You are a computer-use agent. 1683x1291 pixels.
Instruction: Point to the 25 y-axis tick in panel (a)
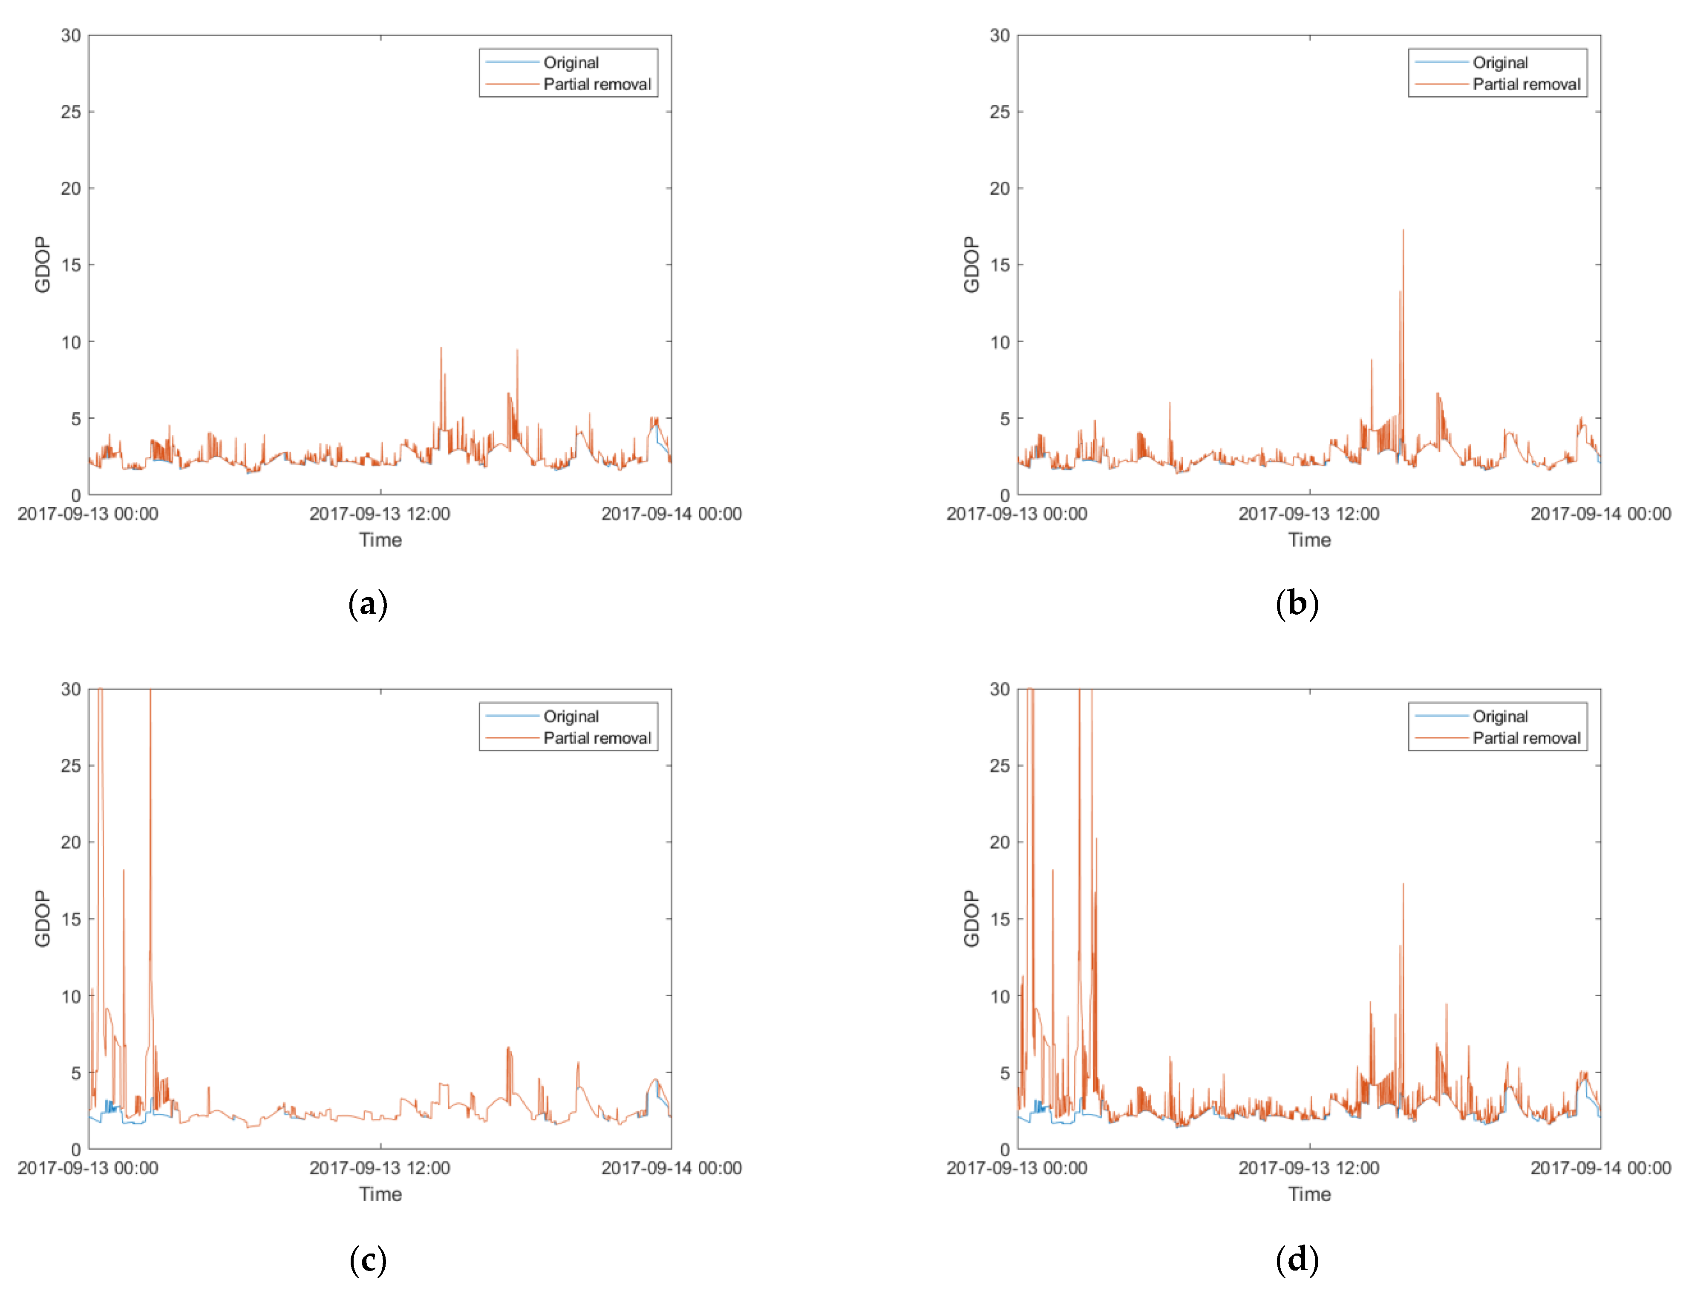pyautogui.click(x=71, y=112)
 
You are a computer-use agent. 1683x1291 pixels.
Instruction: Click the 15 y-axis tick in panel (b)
pyautogui.click(x=1000, y=265)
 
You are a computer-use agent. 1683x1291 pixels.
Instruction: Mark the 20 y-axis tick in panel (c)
pyautogui.click(x=71, y=842)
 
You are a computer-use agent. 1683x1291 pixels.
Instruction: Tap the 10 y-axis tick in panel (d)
pyautogui.click(x=1000, y=996)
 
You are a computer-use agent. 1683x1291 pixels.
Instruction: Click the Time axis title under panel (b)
pyautogui.click(x=1309, y=540)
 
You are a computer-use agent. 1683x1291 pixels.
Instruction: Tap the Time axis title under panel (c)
pyautogui.click(x=380, y=1194)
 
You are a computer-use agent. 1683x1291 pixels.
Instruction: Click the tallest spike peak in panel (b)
pyautogui.click(x=1403, y=230)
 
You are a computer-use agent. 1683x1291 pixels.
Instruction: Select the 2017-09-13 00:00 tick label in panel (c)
pyautogui.click(x=88, y=1168)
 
